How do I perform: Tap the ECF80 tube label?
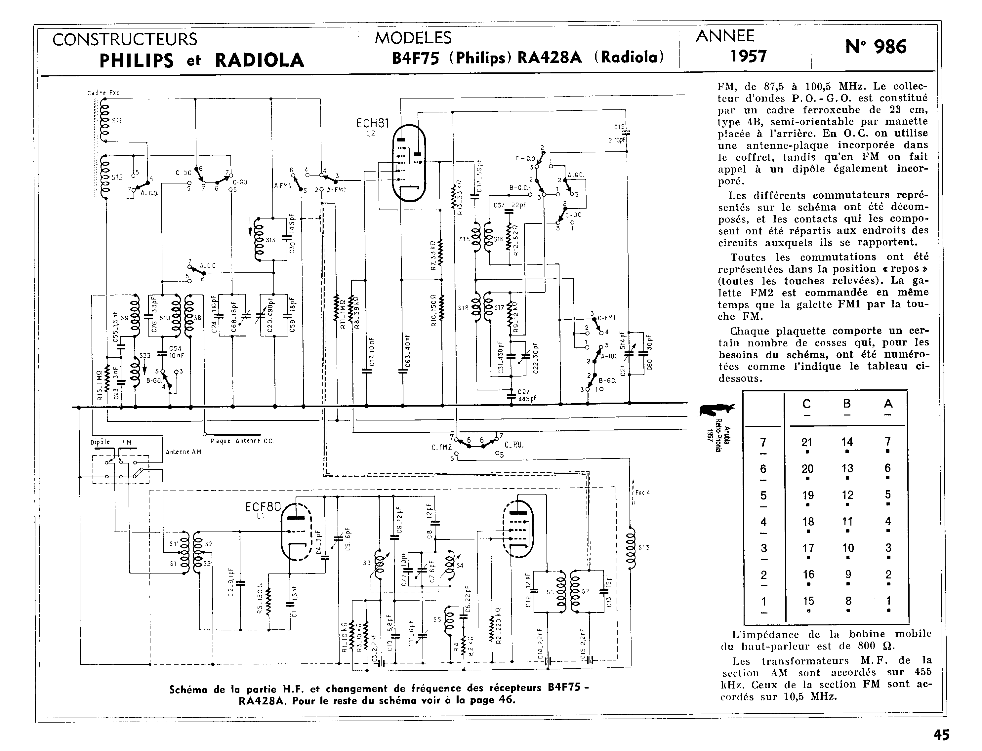pos(263,507)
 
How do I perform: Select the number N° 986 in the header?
pos(876,47)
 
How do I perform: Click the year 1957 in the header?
pos(748,56)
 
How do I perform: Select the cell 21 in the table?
pos(807,442)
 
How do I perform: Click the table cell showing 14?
pos(847,442)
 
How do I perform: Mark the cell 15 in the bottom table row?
pos(808,601)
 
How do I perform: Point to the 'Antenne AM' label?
pos(184,452)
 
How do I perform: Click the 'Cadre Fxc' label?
pos(103,93)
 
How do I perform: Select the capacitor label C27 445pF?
pos(527,395)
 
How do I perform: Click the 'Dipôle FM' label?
pos(111,443)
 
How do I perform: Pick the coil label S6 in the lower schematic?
pos(550,592)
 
